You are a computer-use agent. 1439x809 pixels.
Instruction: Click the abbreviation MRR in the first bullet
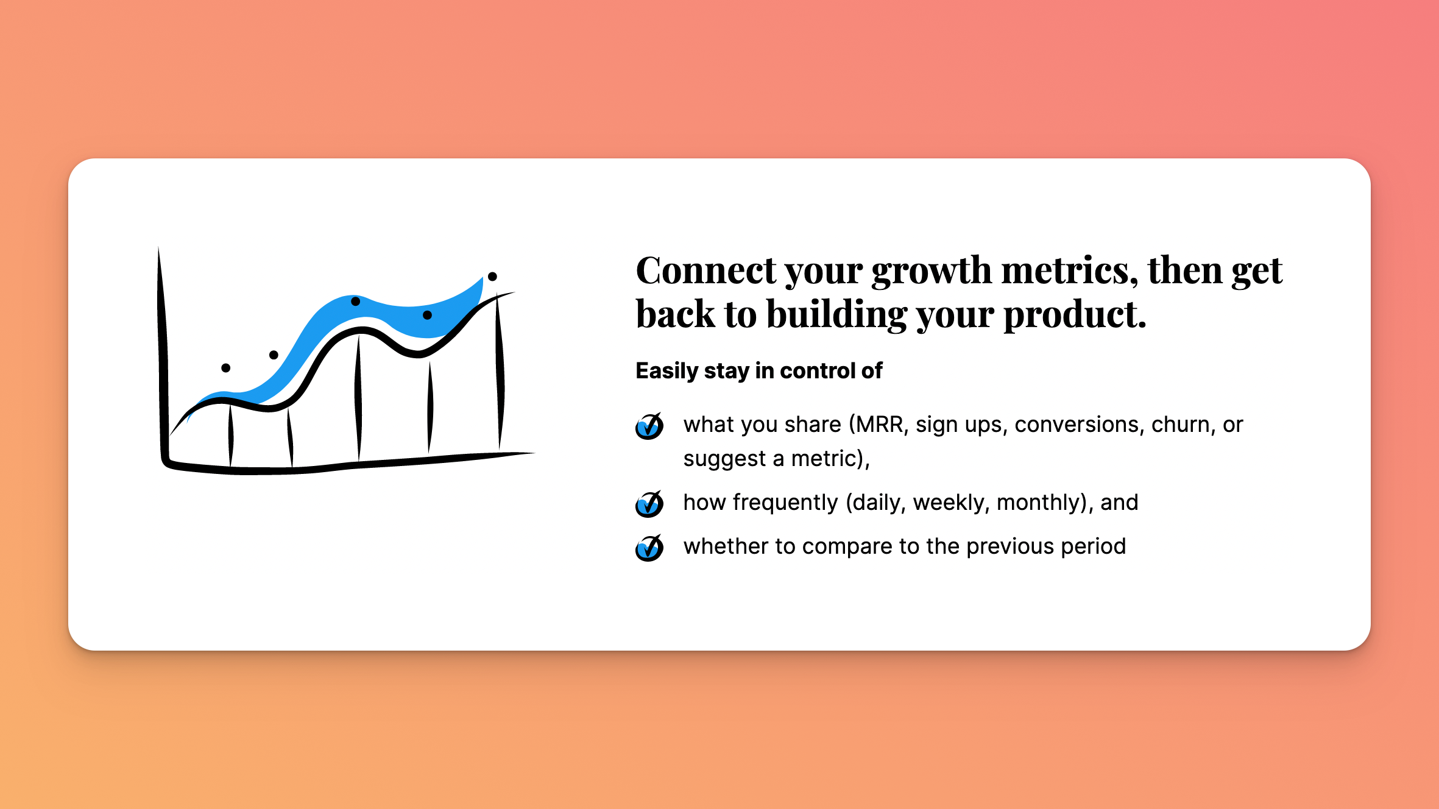click(878, 425)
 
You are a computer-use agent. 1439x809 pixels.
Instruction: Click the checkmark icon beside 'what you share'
click(649, 425)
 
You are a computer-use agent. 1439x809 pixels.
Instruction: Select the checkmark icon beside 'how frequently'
click(649, 504)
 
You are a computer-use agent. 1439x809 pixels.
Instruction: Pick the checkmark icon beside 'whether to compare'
click(649, 547)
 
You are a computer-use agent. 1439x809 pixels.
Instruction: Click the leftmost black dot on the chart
click(225, 368)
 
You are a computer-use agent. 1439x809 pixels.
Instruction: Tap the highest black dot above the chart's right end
click(492, 277)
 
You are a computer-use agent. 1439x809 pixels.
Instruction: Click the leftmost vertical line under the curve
click(231, 436)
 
